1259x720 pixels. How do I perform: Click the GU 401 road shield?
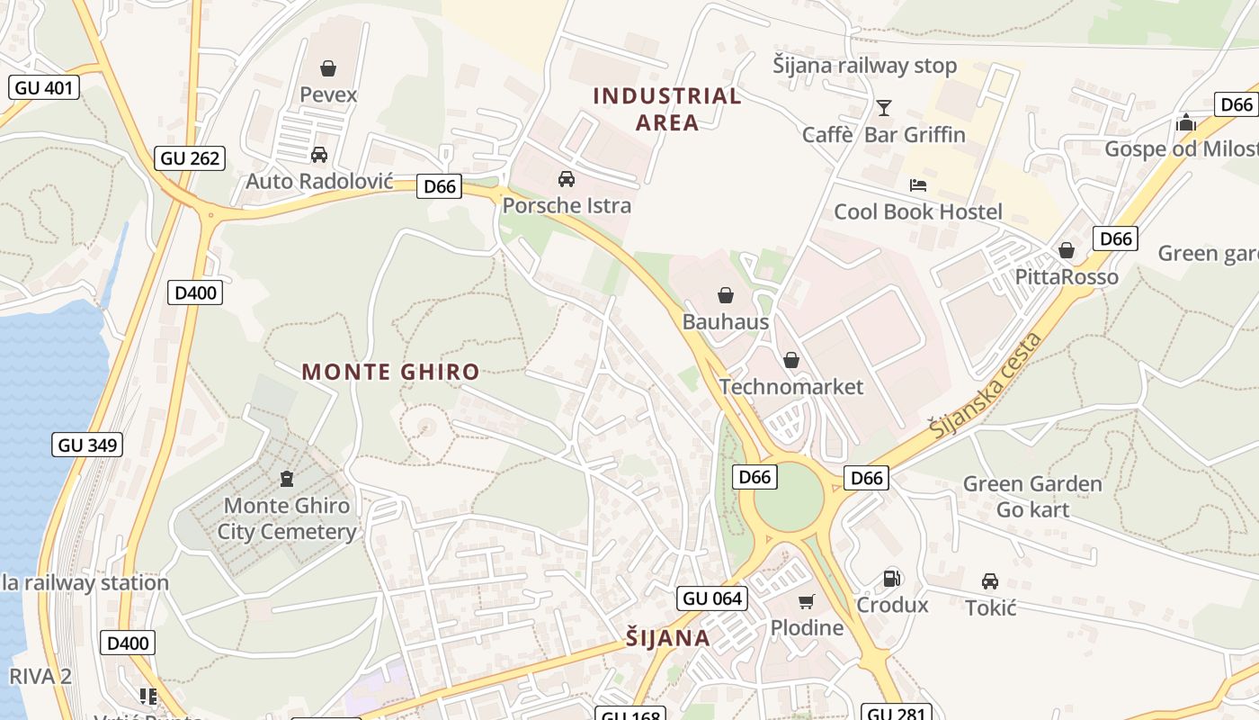pos(44,87)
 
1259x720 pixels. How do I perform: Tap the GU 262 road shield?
pos(190,158)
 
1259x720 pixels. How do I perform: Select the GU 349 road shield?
pos(87,445)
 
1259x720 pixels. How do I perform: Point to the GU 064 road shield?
pos(712,598)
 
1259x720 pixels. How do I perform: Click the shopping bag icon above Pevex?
pos(328,68)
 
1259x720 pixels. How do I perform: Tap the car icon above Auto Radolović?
pos(318,155)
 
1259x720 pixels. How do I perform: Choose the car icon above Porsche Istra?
pos(567,179)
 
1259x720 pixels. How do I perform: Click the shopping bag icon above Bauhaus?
pos(726,295)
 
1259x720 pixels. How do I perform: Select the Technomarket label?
pos(791,387)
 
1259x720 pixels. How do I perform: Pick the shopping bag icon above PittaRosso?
pos(1067,250)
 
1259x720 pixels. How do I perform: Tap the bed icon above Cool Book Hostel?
pos(918,185)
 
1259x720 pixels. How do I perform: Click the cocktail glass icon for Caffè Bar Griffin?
pos(884,108)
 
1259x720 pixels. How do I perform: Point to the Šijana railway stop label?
pos(865,66)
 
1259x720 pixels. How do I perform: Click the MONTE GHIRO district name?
pos(390,372)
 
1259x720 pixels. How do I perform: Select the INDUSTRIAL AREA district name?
pos(667,109)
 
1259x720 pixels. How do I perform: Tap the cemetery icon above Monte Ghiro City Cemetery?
pos(287,479)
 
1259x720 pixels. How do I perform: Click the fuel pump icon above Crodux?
pos(891,579)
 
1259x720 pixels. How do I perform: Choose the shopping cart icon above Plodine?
pos(807,601)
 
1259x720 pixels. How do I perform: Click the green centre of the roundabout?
pos(789,498)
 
